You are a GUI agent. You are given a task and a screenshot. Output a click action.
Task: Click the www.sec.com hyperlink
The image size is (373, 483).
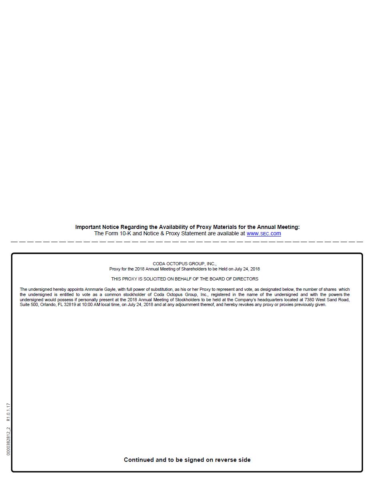[263, 233]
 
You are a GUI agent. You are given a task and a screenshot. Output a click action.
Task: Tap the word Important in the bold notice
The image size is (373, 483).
[88, 227]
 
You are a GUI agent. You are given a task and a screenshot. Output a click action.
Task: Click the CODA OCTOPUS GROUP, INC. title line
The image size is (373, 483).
[184, 264]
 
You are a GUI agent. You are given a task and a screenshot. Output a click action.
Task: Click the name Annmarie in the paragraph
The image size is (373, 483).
[94, 289]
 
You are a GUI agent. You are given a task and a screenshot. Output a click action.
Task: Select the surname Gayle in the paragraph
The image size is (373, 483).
[110, 289]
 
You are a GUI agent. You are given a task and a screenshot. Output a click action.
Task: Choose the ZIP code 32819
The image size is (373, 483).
[70, 304]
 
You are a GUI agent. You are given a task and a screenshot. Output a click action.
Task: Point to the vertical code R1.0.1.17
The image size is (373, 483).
[8, 412]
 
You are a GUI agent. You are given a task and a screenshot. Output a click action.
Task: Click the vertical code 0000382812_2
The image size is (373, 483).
[8, 441]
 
